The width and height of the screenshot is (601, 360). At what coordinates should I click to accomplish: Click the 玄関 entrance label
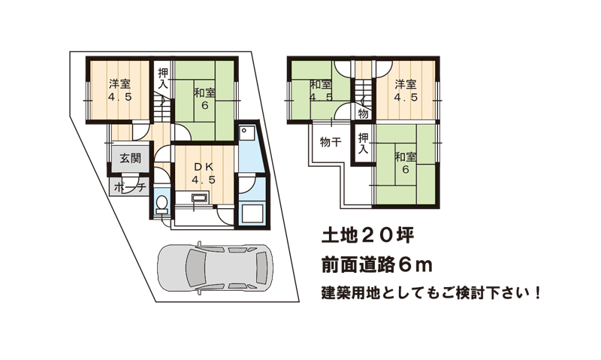(130, 158)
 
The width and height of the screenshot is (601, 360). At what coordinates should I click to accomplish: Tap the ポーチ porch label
(130, 187)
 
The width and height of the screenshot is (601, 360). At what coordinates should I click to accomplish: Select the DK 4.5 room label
(204, 173)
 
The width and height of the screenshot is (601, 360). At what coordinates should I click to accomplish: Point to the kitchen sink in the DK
(199, 198)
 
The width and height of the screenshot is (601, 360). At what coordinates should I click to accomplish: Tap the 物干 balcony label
(331, 142)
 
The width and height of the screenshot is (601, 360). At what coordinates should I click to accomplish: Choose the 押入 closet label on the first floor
(163, 78)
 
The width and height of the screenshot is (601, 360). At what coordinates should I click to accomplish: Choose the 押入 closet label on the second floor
(363, 144)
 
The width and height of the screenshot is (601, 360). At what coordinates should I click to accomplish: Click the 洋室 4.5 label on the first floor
(119, 90)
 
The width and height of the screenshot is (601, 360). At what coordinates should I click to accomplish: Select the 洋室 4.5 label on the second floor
(406, 90)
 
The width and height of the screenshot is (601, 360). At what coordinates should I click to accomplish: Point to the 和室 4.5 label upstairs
(321, 90)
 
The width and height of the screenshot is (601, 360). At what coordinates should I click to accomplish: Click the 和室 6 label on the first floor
(204, 99)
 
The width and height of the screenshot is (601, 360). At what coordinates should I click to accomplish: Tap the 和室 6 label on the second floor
(406, 162)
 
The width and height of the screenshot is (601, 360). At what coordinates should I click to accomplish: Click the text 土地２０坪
(367, 235)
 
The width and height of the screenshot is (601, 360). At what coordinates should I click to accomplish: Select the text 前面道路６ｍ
(377, 265)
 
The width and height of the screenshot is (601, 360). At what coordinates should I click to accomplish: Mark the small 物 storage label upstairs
(364, 113)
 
